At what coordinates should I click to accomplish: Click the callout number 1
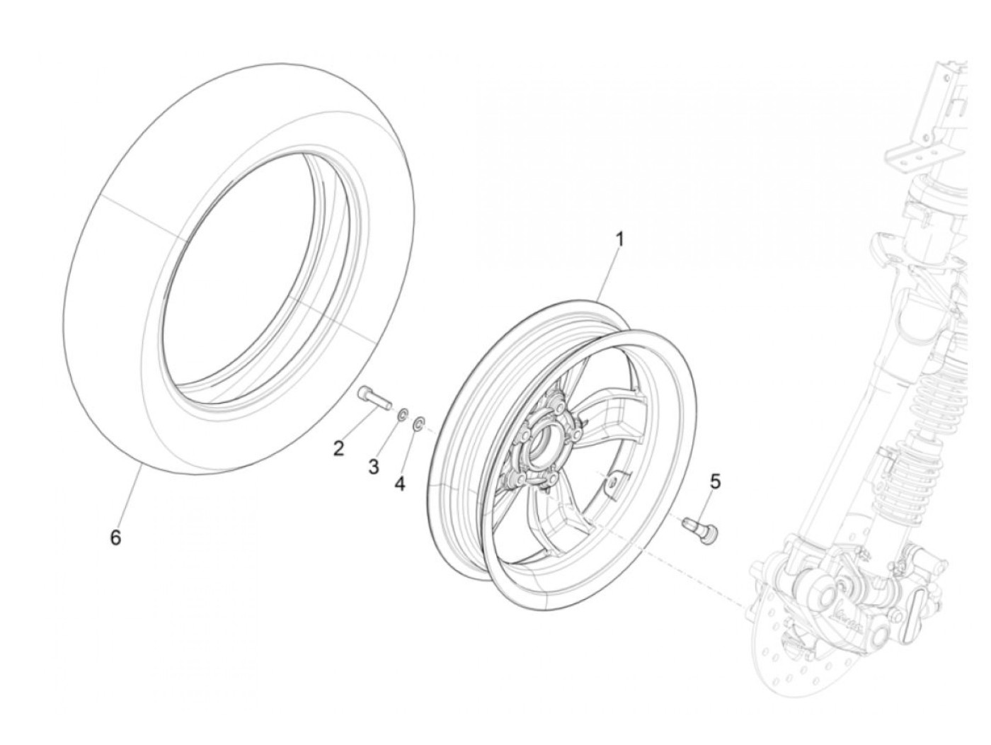point(619,239)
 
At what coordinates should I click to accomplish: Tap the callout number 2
point(339,448)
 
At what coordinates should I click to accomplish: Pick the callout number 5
point(715,482)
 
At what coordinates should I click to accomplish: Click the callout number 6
point(115,538)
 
